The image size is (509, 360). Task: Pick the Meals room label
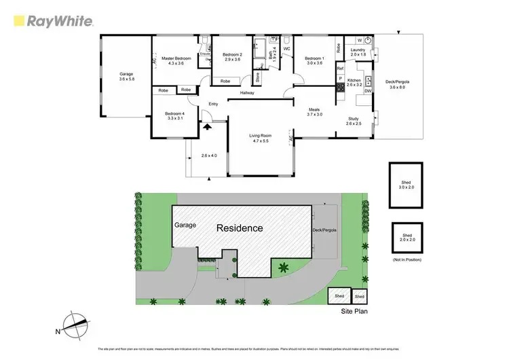coord(315,112)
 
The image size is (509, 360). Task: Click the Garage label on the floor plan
coord(126,76)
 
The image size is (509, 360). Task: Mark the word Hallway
coord(247,92)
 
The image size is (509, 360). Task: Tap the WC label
coord(286,49)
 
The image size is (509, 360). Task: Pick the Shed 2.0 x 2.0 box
coord(407,238)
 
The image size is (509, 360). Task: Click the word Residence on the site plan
coord(240,228)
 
